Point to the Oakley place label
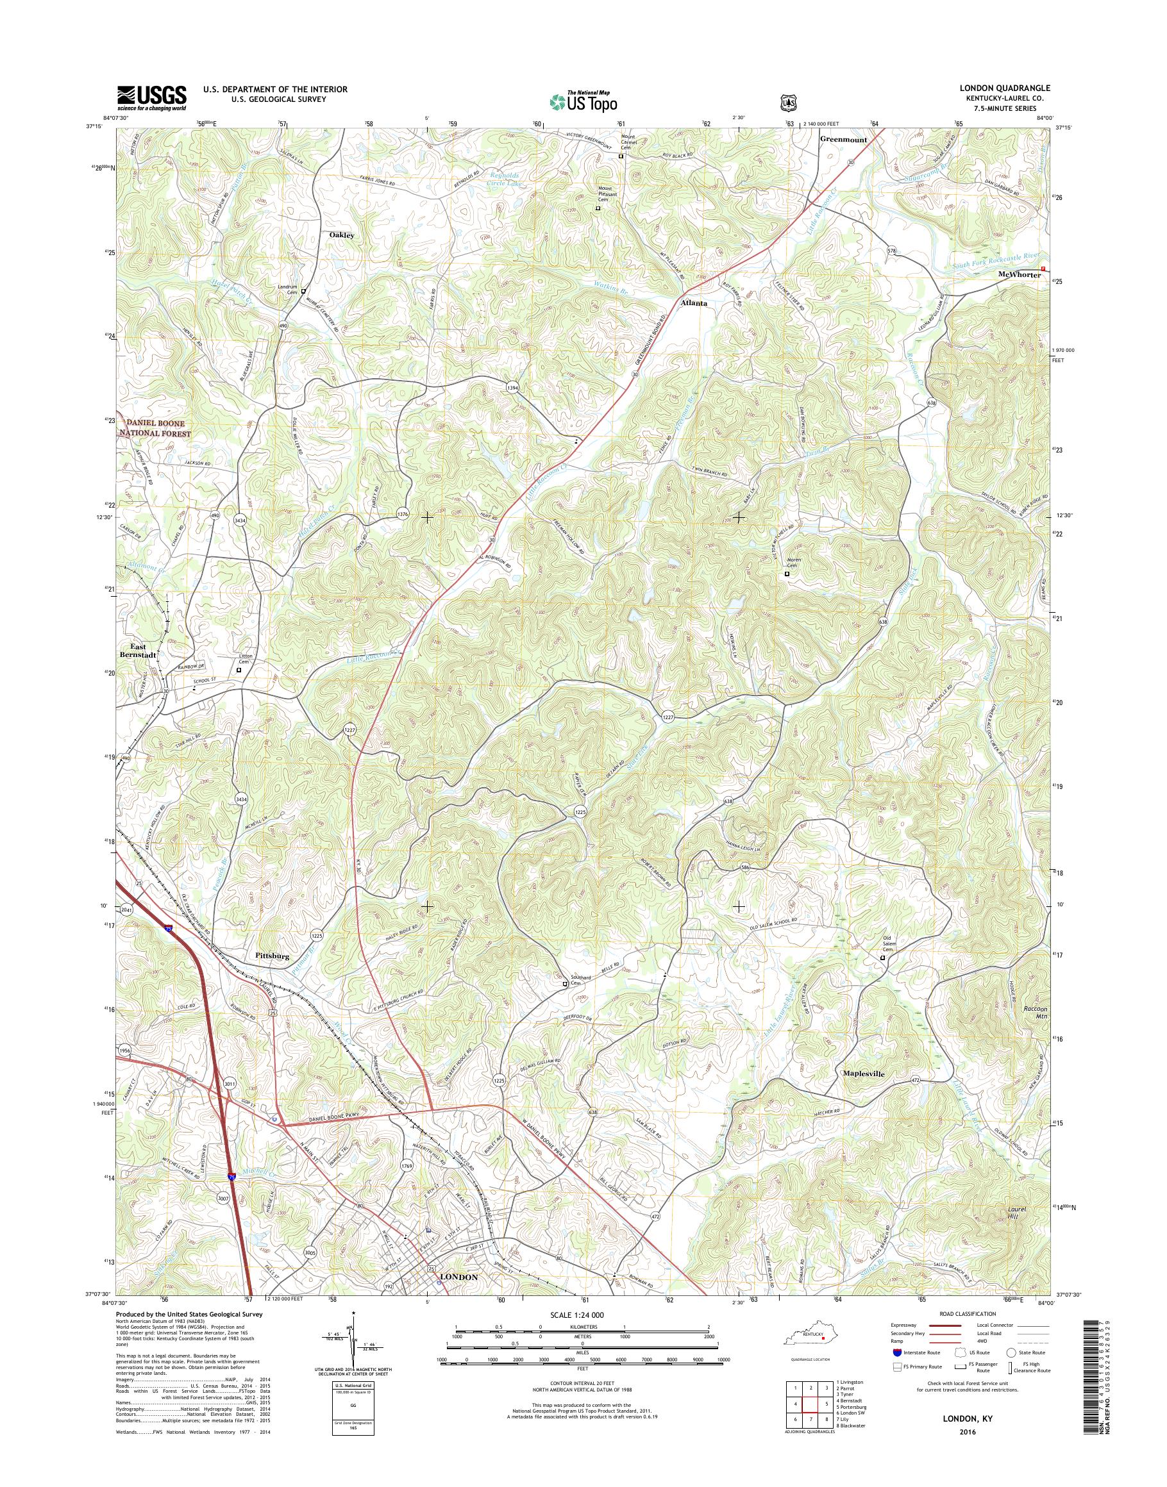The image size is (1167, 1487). click(x=342, y=235)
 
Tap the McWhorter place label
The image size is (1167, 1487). click(x=1019, y=274)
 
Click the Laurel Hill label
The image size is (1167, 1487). click(x=1018, y=1213)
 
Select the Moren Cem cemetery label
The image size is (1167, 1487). click(x=794, y=563)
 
